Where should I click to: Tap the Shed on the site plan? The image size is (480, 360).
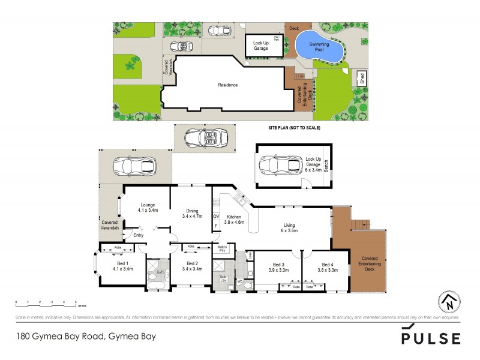coord(361,78)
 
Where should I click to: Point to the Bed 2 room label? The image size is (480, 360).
coord(192,266)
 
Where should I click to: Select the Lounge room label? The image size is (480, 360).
coord(148,208)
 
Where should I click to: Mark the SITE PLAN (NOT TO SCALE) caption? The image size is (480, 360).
coord(294,128)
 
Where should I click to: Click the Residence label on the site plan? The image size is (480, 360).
coord(228,85)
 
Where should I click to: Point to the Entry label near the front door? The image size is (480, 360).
coord(138,235)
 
